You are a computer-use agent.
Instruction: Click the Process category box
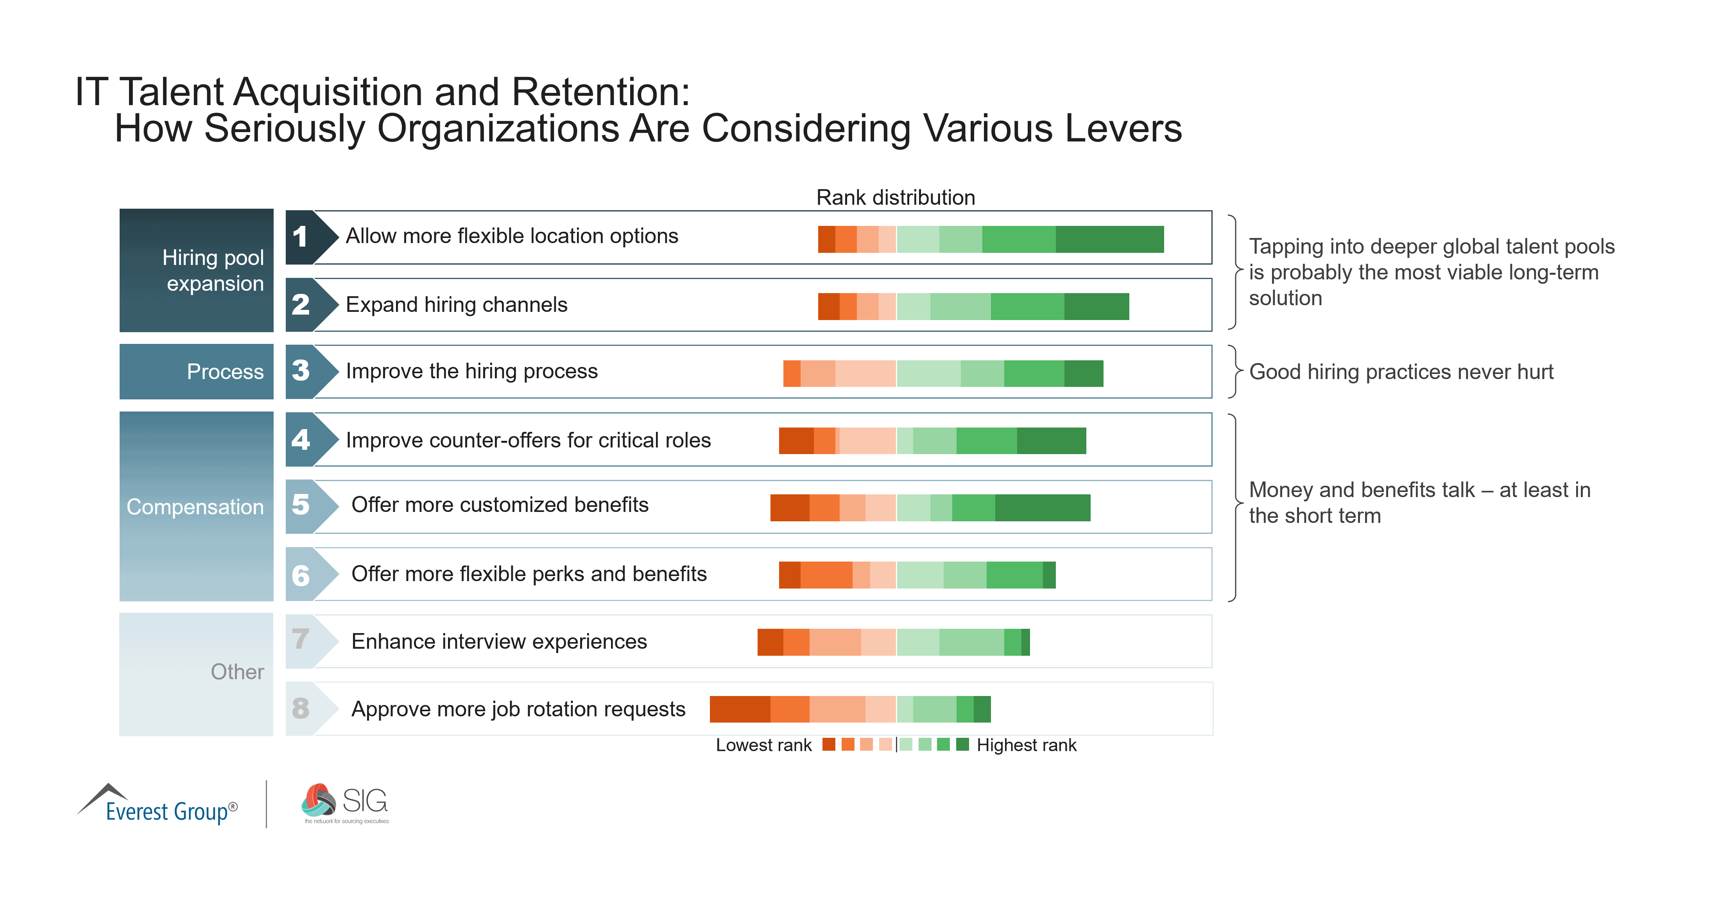196,371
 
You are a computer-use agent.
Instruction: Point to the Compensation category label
195,507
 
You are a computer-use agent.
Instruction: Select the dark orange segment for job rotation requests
739,709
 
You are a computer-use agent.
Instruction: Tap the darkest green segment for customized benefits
1042,507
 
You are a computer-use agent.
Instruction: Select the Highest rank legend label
1026,745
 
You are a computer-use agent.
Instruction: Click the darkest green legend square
962,744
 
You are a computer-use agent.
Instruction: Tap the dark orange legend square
829,744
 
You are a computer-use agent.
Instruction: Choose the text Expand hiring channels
456,305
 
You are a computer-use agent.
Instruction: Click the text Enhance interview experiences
499,642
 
